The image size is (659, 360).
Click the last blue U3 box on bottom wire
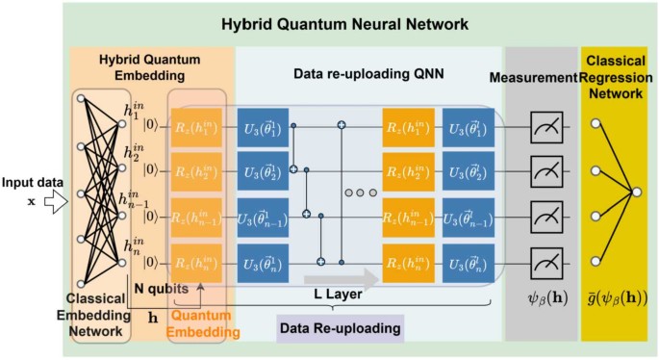pyautogui.click(x=467, y=262)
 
